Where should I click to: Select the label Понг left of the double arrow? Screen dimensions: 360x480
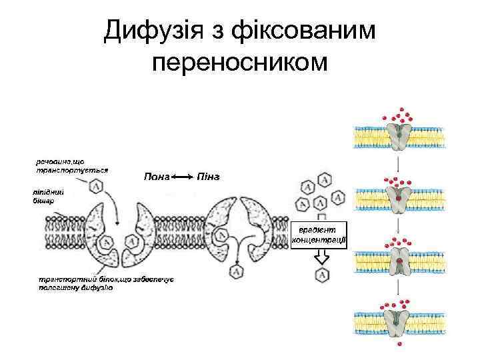click(x=157, y=177)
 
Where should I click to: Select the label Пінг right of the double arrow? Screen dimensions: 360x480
click(x=208, y=177)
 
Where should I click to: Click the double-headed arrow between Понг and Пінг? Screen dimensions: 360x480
click(x=182, y=177)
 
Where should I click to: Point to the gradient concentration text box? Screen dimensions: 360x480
click(x=319, y=234)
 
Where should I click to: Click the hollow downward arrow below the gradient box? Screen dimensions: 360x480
click(x=321, y=257)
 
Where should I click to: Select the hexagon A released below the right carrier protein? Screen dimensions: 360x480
click(x=235, y=271)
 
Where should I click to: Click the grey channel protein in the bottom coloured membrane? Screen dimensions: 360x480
click(x=400, y=319)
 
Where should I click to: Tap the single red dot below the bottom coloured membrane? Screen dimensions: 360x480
click(x=401, y=345)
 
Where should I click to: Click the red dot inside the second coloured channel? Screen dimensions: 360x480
click(x=400, y=198)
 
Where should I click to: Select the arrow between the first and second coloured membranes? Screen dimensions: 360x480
click(x=399, y=163)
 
